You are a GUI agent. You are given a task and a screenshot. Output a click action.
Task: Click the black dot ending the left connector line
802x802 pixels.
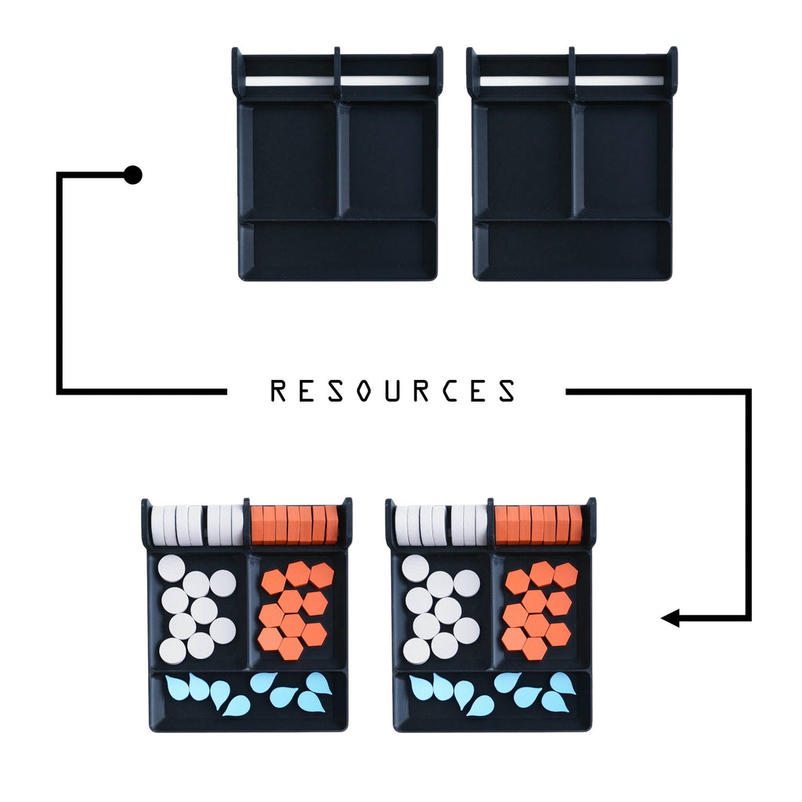[133, 175]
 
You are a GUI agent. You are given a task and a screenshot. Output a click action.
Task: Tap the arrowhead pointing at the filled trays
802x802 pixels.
[670, 618]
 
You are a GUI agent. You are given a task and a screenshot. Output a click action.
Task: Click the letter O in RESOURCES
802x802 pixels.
[363, 391]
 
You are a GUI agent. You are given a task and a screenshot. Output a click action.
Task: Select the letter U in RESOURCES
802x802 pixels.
[392, 391]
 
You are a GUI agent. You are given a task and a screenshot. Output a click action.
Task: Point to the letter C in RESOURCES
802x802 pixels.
[450, 391]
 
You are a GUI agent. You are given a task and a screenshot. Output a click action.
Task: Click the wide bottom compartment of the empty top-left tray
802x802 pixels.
[338, 249]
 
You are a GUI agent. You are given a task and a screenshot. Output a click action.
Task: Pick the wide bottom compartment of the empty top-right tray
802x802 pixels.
[573, 249]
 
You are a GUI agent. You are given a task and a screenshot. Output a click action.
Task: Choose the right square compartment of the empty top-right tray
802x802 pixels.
[621, 160]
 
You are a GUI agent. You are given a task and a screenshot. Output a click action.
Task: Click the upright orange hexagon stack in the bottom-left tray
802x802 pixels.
[294, 525]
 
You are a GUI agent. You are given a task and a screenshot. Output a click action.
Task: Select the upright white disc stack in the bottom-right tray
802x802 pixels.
[442, 525]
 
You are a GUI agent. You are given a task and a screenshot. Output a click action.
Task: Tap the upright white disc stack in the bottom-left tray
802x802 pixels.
[197, 525]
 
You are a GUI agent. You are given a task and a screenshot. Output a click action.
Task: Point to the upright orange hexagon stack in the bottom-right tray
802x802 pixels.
[539, 525]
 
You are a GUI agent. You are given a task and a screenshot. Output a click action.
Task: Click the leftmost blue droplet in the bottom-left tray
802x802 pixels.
[175, 687]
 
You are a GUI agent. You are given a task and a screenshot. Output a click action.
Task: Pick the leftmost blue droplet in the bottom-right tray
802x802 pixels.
[420, 687]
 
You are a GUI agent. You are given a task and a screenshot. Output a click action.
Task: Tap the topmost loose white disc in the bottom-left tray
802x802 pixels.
[172, 568]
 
